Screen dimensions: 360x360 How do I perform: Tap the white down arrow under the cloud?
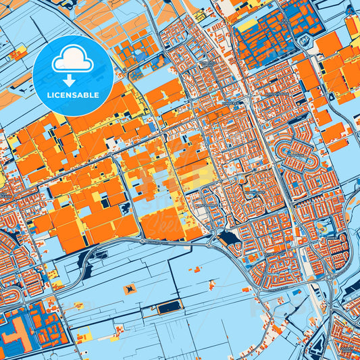[x=73, y=80]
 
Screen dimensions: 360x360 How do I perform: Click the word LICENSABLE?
[x=73, y=95]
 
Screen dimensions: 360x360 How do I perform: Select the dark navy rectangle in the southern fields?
[x=170, y=307]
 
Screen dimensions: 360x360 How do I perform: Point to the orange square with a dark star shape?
[x=128, y=289]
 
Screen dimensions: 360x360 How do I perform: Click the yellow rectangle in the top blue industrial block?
[x=249, y=25]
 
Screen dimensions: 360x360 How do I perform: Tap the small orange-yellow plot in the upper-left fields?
[x=19, y=51]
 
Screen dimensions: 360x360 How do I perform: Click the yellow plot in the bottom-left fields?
[x=57, y=283]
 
